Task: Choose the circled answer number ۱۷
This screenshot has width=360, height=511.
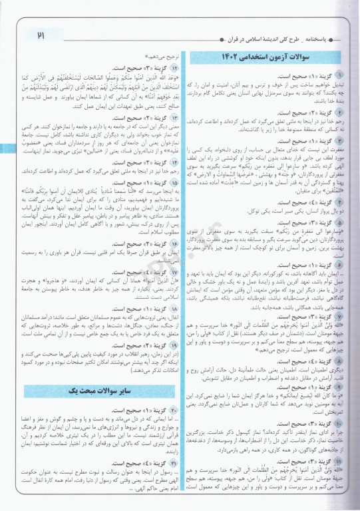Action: (164, 272)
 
